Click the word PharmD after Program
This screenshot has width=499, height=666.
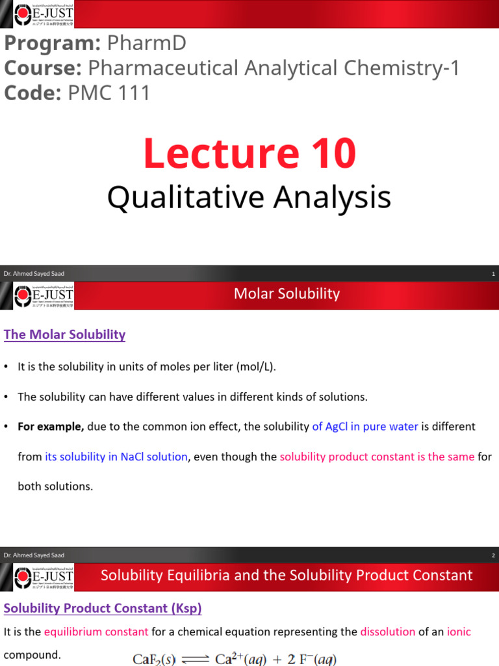point(146,43)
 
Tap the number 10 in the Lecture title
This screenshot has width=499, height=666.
point(329,153)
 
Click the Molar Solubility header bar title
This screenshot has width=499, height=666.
point(287,294)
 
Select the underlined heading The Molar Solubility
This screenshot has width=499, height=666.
point(64,334)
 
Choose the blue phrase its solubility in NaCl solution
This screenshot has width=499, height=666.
point(116,457)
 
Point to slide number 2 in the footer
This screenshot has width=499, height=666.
point(493,555)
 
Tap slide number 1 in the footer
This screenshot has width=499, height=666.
point(493,274)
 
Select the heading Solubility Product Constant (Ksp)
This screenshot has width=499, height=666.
point(103,608)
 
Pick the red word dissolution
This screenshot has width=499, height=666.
point(389,632)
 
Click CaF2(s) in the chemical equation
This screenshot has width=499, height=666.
point(156,659)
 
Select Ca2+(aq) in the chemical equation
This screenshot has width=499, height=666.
point(243,658)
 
